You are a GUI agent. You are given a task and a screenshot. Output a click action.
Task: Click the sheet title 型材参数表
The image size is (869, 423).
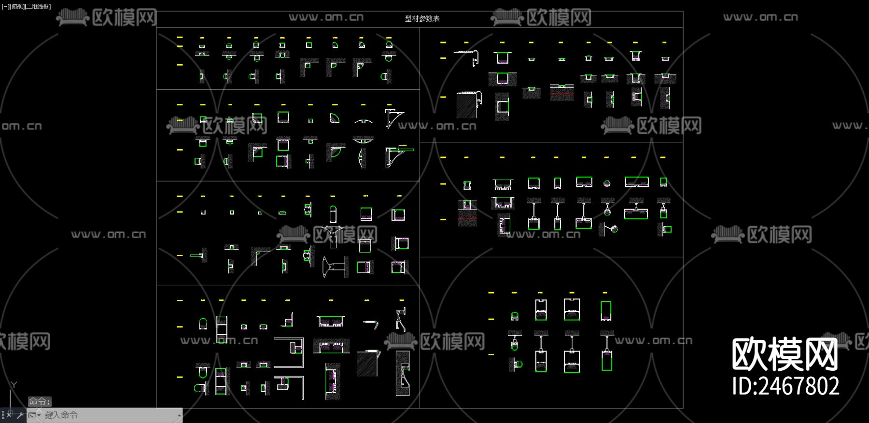coord(422,19)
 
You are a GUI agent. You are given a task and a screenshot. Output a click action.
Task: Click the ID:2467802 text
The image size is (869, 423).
coord(785,386)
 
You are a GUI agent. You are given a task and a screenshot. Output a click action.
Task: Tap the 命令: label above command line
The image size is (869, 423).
coord(39,401)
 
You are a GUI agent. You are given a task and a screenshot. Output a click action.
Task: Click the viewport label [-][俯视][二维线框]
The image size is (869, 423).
coord(26,6)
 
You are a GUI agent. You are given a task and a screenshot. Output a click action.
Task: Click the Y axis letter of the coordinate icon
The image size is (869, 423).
coord(14,385)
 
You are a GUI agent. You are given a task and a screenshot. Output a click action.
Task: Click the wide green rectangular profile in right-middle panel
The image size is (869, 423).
coord(636,182)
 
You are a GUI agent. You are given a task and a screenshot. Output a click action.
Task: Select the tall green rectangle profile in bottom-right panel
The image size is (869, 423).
coord(606,310)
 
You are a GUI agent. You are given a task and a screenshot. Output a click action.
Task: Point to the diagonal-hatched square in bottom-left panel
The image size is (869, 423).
coord(366,364)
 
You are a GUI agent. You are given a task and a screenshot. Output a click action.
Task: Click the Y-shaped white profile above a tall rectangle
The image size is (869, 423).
coord(333,232)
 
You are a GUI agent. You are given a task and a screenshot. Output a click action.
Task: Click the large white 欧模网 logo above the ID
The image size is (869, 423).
coord(785,354)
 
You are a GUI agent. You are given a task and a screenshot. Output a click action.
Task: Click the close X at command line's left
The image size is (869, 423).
coord(9,415)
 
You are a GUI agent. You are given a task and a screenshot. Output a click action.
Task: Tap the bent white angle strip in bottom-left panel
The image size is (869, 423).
coord(371,323)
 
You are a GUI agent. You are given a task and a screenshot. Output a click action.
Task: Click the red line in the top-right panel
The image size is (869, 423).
coord(561,93)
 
